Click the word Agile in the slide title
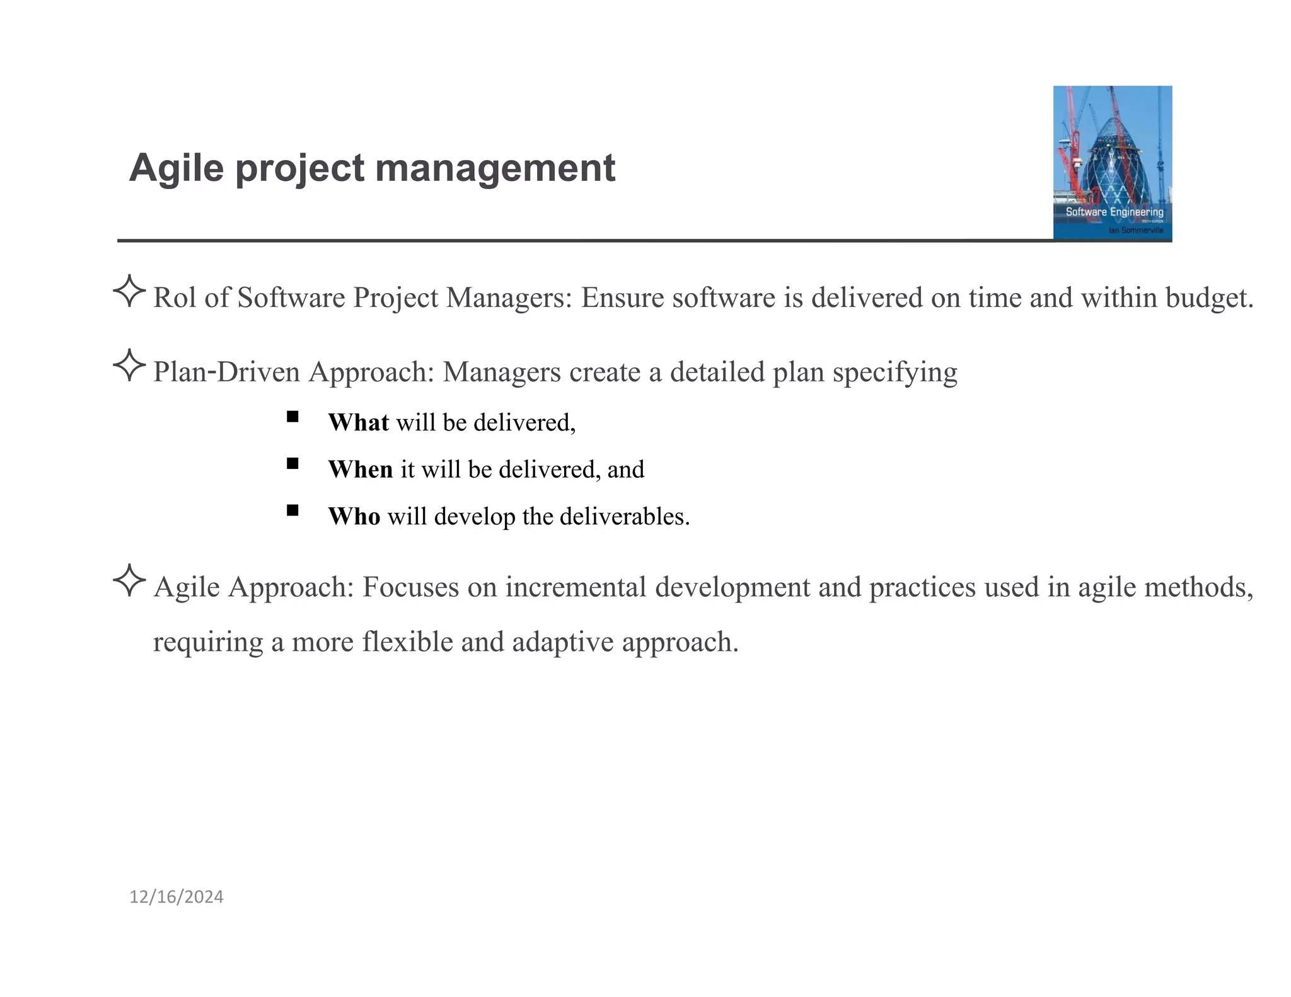click(176, 168)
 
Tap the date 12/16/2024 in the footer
click(176, 897)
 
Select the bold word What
click(358, 422)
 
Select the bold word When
click(360, 470)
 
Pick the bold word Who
click(354, 516)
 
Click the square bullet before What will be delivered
click(292, 417)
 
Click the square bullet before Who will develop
click(292, 510)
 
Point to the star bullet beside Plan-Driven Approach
click(129, 365)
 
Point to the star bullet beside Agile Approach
click(129, 580)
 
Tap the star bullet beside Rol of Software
click(129, 291)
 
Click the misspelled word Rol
click(175, 297)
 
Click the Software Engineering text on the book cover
click(1114, 212)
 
